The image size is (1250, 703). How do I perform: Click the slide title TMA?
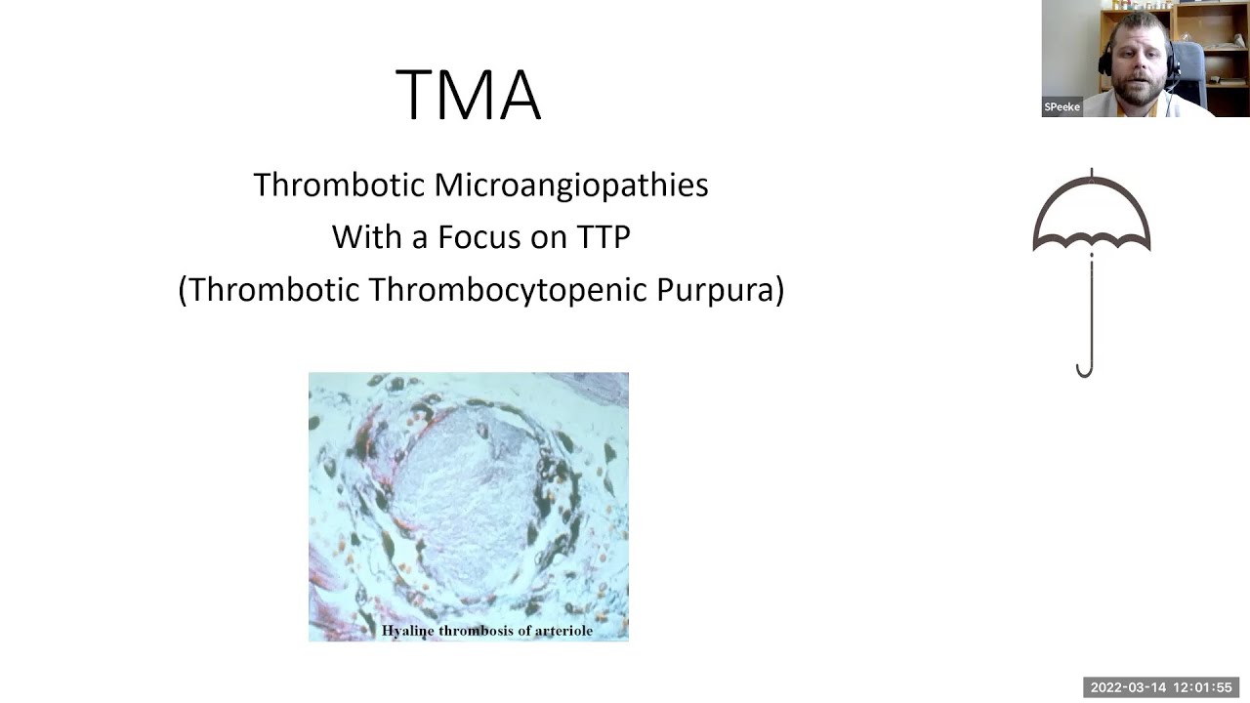(x=468, y=95)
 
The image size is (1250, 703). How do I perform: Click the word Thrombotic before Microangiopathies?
(x=339, y=185)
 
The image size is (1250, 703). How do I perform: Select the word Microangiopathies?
(x=571, y=186)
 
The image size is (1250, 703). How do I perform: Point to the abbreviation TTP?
(x=602, y=237)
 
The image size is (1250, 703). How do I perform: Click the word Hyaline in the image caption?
(x=408, y=631)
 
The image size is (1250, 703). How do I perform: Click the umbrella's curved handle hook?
(x=1084, y=368)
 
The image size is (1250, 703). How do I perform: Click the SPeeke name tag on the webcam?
(x=1062, y=106)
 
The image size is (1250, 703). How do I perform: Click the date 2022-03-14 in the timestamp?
(x=1128, y=687)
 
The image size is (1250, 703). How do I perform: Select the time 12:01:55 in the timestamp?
(x=1203, y=687)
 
